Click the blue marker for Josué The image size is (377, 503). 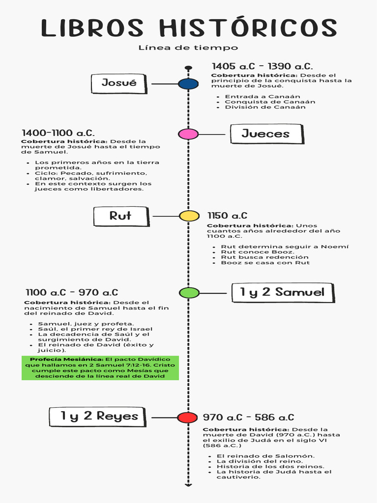pyautogui.click(x=188, y=84)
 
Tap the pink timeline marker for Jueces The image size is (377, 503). pyautogui.click(x=188, y=134)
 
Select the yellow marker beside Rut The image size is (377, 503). pyautogui.click(x=189, y=216)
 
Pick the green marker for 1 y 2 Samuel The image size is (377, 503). pyautogui.click(x=189, y=293)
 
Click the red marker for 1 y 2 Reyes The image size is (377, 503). pyautogui.click(x=187, y=418)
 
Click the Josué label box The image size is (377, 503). pyautogui.click(x=119, y=83)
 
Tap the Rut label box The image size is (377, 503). pyautogui.click(x=121, y=216)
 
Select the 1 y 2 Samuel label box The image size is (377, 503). pyautogui.click(x=282, y=293)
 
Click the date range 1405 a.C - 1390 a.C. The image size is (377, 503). pyautogui.click(x=262, y=66)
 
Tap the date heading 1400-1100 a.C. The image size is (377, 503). pyautogui.click(x=58, y=133)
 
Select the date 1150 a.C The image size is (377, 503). pyautogui.click(x=227, y=216)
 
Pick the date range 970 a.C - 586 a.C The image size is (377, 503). pyautogui.click(x=248, y=418)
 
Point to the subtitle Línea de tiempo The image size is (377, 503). pyautogui.click(x=188, y=48)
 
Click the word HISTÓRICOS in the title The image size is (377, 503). pyautogui.click(x=250, y=28)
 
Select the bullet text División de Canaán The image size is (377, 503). pyautogui.click(x=265, y=107)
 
